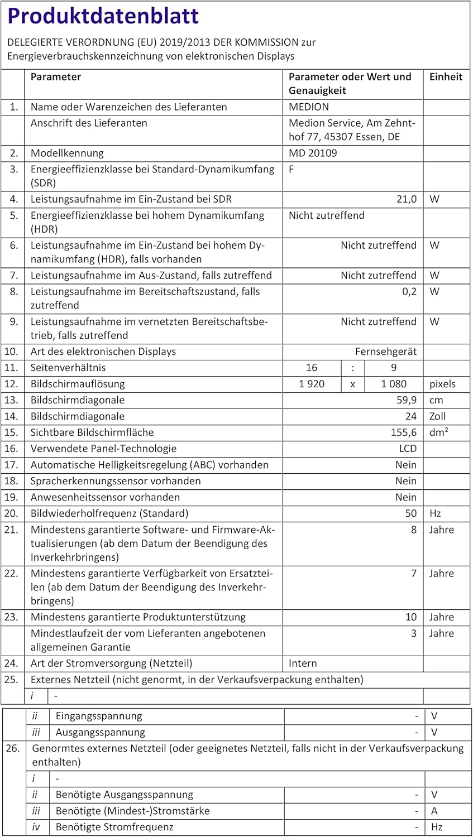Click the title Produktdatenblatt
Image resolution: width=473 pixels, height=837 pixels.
tap(103, 16)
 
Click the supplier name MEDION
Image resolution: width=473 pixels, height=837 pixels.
tap(309, 107)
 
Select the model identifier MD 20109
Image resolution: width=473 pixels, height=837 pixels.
tap(313, 153)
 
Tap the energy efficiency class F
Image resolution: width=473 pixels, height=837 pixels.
tap(292, 169)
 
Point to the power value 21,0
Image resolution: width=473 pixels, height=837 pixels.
tap(407, 199)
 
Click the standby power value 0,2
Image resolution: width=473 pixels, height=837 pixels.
tap(409, 291)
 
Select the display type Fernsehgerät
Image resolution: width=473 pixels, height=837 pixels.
tap(386, 352)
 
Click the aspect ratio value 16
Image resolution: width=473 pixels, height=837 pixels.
tap(312, 368)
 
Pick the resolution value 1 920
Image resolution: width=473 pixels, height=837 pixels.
tap(312, 384)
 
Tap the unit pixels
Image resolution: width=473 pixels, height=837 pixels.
tap(442, 384)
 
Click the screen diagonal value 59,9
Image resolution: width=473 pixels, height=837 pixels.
tap(407, 400)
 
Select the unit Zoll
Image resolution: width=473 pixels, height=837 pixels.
tap(438, 416)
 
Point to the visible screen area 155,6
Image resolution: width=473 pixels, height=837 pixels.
tap(404, 432)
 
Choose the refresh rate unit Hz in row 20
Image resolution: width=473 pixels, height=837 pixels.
tap(435, 513)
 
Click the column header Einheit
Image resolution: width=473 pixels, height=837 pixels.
tap(446, 77)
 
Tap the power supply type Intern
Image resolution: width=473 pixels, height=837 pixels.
tap(303, 663)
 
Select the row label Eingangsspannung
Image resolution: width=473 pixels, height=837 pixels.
tap(99, 716)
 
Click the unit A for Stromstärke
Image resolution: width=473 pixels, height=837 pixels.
tap(434, 811)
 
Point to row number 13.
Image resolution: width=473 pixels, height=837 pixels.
tap(12, 400)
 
